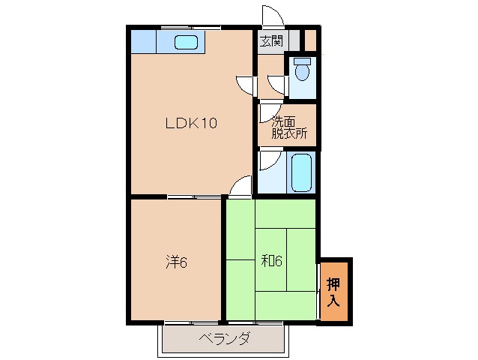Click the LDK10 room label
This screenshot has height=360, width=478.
[191, 124]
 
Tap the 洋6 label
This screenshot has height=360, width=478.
[176, 262]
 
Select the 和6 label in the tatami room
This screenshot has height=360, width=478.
[271, 262]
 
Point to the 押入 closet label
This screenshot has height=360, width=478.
[334, 289]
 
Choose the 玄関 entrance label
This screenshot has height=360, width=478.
[271, 41]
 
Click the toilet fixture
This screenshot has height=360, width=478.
[302, 70]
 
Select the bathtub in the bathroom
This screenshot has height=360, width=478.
[301, 172]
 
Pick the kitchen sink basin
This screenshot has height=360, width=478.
[186, 42]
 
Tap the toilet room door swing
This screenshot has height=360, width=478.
[279, 83]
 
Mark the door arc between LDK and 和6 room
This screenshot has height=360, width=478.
[240, 187]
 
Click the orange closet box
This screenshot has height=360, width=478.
[334, 289]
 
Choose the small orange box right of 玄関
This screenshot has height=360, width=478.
[310, 38]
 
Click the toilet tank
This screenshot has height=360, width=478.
[302, 60]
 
